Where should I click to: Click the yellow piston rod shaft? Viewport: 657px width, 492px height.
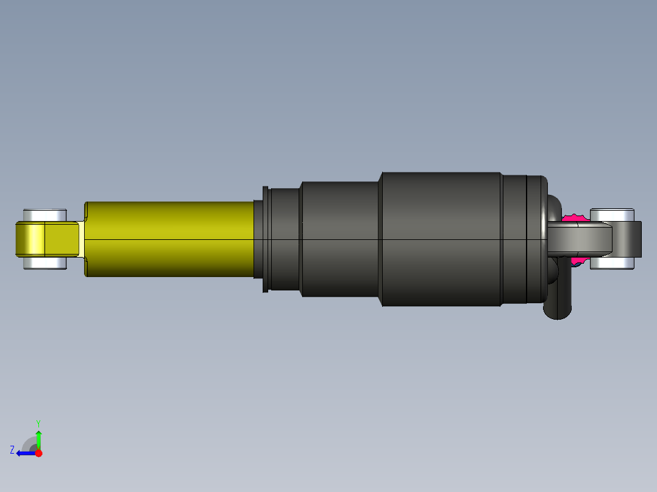click(171, 239)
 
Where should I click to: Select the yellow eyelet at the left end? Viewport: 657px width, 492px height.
click(46, 239)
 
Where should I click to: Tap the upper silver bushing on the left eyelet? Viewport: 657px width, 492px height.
click(44, 215)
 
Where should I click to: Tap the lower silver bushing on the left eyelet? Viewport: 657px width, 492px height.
click(44, 263)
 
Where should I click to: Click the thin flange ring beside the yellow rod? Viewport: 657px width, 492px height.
click(265, 239)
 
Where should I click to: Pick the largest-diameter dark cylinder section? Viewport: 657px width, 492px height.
click(441, 239)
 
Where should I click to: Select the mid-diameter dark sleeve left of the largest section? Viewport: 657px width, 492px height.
click(340, 239)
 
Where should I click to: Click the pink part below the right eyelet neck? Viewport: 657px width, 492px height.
click(577, 261)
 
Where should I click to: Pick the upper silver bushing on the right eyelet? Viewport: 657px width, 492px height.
click(612, 214)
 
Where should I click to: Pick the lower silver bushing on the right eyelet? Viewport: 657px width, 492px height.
click(612, 262)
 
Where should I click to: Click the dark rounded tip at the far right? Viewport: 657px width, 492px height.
click(637, 239)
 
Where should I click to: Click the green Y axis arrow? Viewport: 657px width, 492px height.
click(38, 438)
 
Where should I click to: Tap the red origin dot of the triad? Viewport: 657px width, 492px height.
click(38, 453)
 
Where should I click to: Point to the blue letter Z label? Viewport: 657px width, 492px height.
click(12, 450)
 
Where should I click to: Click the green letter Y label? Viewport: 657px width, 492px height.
click(38, 423)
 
